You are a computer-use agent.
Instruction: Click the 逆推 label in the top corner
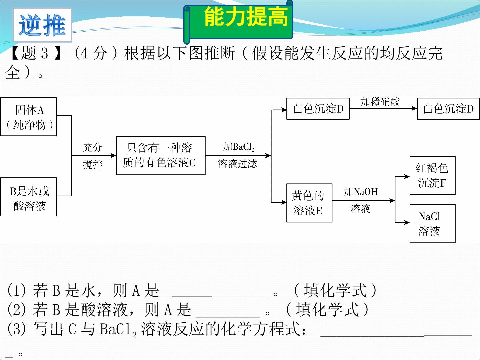[42, 25]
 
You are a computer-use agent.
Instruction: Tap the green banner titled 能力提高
[238, 22]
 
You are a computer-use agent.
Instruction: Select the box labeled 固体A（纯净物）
[28, 117]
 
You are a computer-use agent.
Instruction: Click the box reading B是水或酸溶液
[28, 197]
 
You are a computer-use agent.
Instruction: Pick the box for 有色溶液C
[161, 156]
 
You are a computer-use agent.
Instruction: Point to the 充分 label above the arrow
[93, 147]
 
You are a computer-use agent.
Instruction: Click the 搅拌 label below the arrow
[93, 164]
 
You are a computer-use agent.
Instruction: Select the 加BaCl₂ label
[239, 146]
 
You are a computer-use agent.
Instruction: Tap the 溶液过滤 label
[237, 164]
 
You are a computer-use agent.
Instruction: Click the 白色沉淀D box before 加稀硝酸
[318, 109]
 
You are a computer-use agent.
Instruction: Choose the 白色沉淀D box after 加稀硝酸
[448, 109]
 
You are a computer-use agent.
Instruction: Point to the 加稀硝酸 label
[380, 102]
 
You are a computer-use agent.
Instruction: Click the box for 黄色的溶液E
[309, 203]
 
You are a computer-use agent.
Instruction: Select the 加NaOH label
[361, 192]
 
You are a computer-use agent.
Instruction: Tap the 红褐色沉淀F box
[433, 175]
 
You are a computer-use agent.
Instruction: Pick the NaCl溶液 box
[433, 224]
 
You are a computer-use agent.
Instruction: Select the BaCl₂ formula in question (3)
[118, 330]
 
